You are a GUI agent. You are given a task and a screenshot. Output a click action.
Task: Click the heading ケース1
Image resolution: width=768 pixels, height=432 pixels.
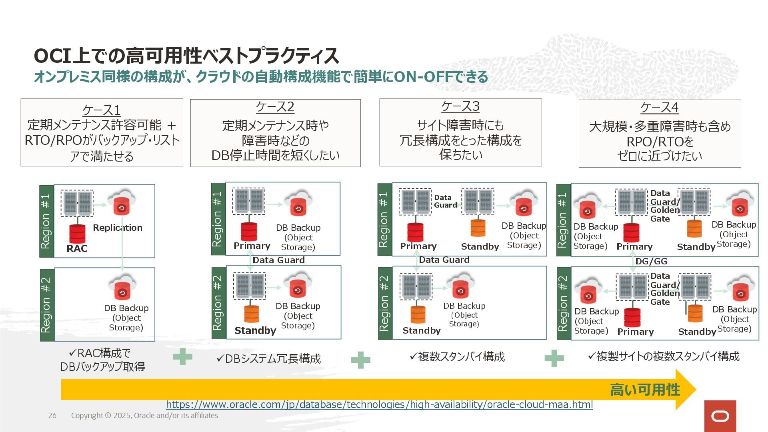click(101, 110)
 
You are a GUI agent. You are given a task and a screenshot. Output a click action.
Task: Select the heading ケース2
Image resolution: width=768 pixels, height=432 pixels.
click(275, 107)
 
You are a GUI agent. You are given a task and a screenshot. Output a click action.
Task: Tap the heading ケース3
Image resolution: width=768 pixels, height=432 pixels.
click(460, 106)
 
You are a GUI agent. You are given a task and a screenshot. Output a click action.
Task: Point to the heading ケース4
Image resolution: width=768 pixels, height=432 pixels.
click(660, 108)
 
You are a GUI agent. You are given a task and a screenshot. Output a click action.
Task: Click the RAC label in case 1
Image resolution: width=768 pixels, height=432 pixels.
click(77, 248)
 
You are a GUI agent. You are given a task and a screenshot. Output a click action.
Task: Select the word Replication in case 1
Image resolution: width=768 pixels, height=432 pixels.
click(118, 228)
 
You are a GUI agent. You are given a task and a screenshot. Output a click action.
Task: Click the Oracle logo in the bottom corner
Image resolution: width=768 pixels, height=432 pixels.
click(720, 416)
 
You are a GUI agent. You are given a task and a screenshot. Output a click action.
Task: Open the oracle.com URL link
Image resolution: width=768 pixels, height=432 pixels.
click(379, 404)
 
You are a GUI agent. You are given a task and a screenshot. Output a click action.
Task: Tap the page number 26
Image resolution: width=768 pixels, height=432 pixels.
click(52, 416)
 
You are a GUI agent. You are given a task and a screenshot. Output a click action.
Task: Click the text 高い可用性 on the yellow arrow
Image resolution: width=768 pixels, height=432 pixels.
click(645, 390)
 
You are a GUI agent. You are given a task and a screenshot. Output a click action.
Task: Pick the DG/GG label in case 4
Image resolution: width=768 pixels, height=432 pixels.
click(651, 261)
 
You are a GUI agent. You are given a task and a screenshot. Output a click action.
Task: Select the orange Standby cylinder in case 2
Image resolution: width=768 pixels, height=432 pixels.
click(252, 314)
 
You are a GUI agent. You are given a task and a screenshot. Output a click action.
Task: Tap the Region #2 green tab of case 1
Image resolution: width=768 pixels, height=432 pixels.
click(46, 304)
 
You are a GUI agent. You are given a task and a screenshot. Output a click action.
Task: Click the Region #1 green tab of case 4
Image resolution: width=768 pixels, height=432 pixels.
click(563, 220)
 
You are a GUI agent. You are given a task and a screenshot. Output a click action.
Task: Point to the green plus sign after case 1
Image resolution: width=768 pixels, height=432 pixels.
click(182, 357)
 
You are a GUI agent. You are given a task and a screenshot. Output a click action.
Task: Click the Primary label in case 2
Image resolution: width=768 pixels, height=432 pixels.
click(252, 246)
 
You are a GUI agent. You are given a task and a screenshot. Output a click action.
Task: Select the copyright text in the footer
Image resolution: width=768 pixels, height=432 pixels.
click(144, 416)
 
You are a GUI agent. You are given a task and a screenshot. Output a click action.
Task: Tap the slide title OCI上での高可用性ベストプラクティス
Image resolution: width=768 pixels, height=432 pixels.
click(186, 56)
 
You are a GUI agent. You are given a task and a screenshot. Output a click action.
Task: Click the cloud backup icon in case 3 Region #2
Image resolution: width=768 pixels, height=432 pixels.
click(460, 286)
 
